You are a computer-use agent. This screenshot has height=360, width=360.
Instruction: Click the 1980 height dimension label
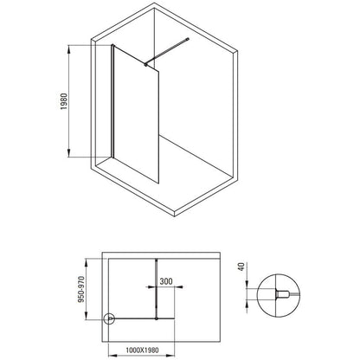[x=63, y=101]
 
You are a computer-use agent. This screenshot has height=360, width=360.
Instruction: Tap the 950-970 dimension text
[x=81, y=289]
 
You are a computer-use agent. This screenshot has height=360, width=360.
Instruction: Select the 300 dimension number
[x=166, y=281]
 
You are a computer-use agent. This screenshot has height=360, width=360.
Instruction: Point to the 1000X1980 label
[x=142, y=350]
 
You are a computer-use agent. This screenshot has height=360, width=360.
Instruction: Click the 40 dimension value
[x=241, y=267]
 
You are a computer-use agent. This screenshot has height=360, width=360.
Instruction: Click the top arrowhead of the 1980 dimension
[x=68, y=49]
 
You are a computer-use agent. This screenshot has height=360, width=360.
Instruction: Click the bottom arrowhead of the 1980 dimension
[x=68, y=153]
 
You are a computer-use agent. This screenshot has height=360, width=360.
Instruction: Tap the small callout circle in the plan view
[x=109, y=318]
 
